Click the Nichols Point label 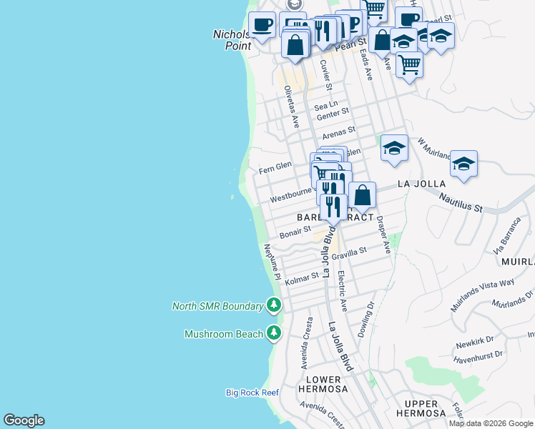click(232, 40)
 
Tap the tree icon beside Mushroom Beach click(273, 333)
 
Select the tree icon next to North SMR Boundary click(273, 306)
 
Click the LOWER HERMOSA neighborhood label click(326, 385)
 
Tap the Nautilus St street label click(461, 204)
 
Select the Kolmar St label click(302, 277)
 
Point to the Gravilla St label click(348, 252)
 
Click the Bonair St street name click(295, 232)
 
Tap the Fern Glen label click(275, 165)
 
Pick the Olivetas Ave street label click(291, 107)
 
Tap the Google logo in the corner click(24, 420)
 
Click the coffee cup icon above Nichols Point click(262, 25)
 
